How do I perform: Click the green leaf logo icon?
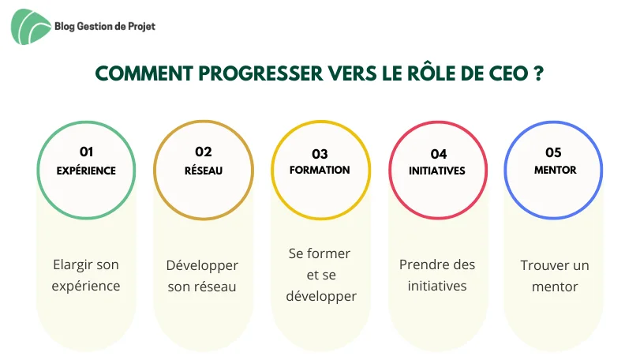tap(31, 27)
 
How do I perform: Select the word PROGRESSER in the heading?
tap(260, 74)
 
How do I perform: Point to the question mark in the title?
tap(538, 74)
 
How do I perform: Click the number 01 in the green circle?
tap(87, 152)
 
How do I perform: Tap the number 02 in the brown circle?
tap(204, 152)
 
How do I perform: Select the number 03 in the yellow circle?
tap(320, 154)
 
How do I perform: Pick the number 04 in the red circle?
tap(438, 154)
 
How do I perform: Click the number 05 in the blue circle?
tap(553, 152)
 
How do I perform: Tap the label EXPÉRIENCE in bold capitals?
tap(86, 171)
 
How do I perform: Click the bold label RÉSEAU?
tap(204, 171)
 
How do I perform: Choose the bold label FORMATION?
tap(320, 171)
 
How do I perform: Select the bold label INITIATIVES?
tap(437, 171)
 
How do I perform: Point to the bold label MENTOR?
tap(555, 171)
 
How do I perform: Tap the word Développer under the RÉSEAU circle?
tap(202, 266)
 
